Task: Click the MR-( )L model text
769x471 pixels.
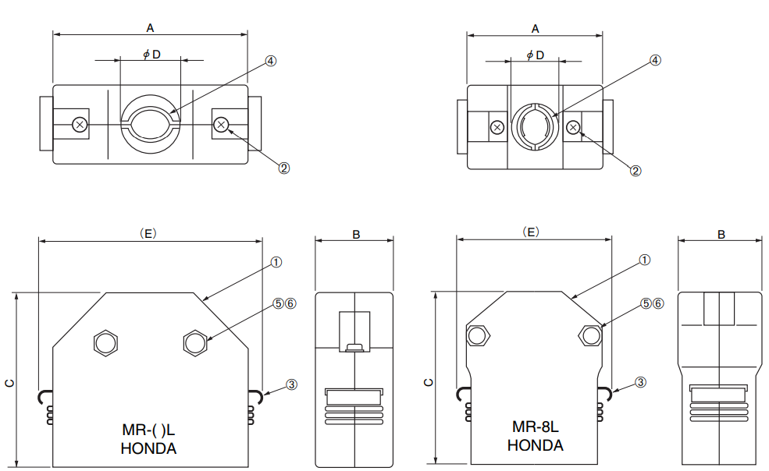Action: pos(149,430)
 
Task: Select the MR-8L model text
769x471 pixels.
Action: pos(535,427)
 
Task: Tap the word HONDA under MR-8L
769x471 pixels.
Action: pos(535,445)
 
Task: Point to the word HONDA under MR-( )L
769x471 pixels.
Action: pos(148,448)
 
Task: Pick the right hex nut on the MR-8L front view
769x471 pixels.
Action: pos(591,335)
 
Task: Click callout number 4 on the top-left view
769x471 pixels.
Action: pos(271,60)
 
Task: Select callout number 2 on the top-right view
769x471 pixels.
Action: pos(635,170)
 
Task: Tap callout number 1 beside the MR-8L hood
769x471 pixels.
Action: pos(645,260)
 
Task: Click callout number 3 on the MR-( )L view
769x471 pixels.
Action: pos(291,384)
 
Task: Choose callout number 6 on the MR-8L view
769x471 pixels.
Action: pos(658,303)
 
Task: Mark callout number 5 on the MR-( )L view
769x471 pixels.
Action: pos(279,303)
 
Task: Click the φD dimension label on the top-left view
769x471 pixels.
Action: pos(151,54)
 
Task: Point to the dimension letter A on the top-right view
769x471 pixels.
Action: pos(536,28)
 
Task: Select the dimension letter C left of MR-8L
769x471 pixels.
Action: pos(428,382)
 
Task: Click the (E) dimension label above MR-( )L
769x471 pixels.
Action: pos(148,232)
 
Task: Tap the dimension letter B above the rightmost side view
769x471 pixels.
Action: pos(721,234)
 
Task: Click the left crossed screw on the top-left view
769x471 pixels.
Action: pos(79,124)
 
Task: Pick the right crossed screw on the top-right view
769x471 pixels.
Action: pos(574,127)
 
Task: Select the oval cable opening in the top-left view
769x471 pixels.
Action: pos(151,123)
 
